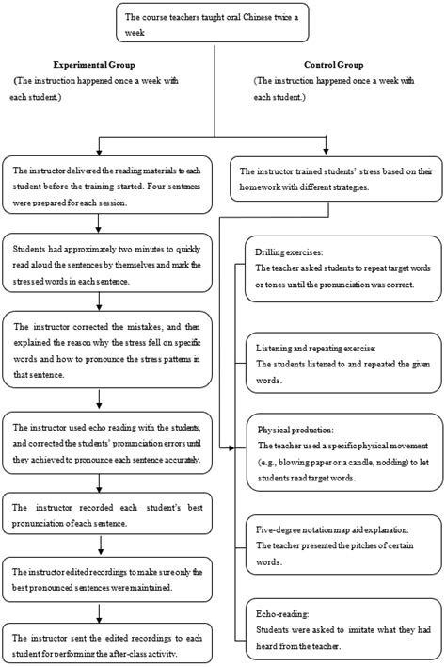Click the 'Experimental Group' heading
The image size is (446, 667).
click(x=94, y=65)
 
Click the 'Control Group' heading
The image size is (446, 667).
click(x=333, y=65)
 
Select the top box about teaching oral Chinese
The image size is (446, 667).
click(x=213, y=23)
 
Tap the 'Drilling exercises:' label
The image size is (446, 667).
click(x=289, y=252)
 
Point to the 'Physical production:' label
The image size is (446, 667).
click(x=295, y=430)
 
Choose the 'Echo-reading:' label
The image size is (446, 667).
click(x=282, y=614)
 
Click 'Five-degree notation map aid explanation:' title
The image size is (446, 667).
click(x=332, y=529)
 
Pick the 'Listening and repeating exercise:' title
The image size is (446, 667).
click(x=315, y=348)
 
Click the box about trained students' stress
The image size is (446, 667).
click(x=336, y=179)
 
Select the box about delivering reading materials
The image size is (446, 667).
click(x=107, y=185)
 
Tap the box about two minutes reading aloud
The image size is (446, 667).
click(x=107, y=263)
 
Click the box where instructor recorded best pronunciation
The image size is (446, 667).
click(x=107, y=513)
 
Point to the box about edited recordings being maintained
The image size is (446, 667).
click(x=107, y=579)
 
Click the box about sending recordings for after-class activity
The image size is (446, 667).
click(x=107, y=643)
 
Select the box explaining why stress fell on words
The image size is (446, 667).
click(x=107, y=350)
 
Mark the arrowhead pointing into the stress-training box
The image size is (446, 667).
click(x=326, y=151)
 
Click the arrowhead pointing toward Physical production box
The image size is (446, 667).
click(x=231, y=447)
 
